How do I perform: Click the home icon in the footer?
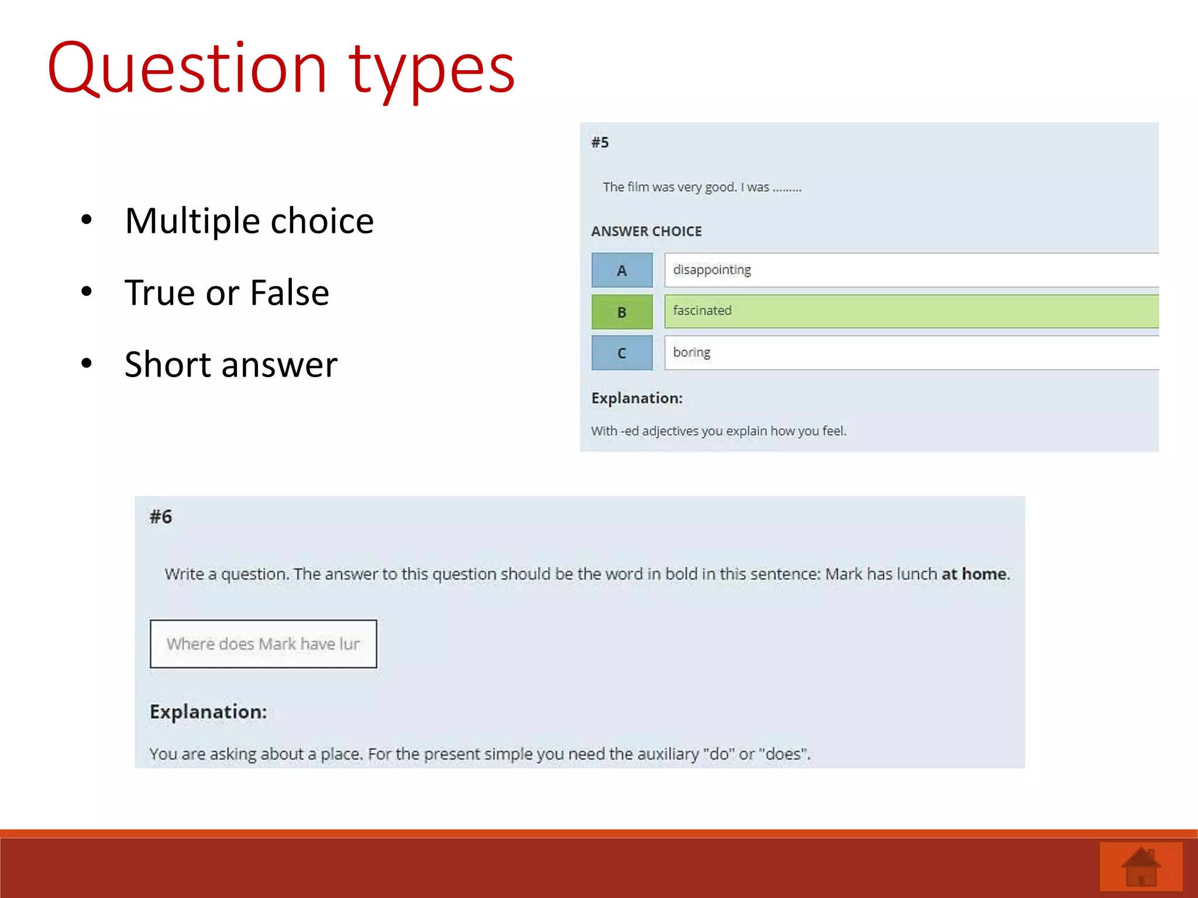[x=1141, y=867]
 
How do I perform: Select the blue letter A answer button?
[x=622, y=270]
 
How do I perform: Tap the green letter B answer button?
[x=622, y=312]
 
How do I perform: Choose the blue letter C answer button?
[x=622, y=353]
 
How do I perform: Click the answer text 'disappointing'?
[x=712, y=270]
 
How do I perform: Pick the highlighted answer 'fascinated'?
[x=702, y=310]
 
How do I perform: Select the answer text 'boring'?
[x=691, y=352]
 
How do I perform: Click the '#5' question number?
[x=600, y=143]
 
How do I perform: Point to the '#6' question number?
[x=161, y=517]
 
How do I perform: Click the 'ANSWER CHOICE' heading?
[x=646, y=232]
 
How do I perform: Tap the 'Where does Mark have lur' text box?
[x=263, y=644]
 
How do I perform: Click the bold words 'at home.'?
[x=975, y=574]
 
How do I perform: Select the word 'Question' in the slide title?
[x=187, y=69]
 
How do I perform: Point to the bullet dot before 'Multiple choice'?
[x=87, y=220]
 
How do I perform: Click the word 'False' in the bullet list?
[x=290, y=292]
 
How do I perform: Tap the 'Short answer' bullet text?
[x=231, y=364]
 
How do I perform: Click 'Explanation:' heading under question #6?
[x=208, y=712]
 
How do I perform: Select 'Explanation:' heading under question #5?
[x=637, y=398]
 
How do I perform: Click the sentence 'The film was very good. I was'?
[x=686, y=187]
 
